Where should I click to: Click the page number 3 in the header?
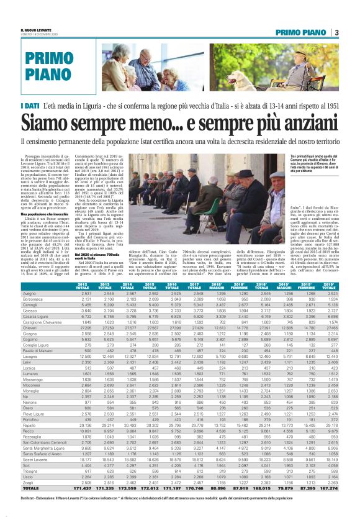pos(335,32)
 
